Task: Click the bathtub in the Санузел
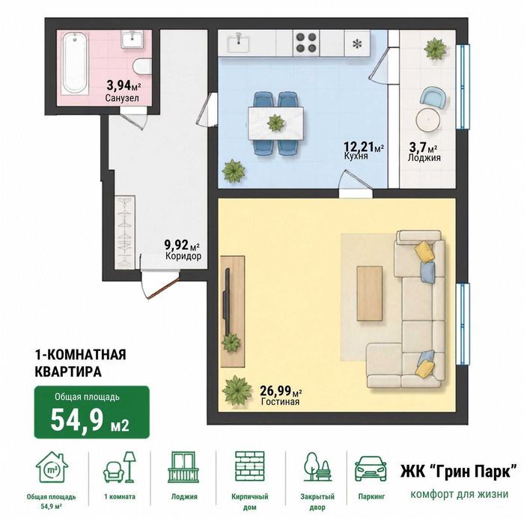pyautogui.click(x=76, y=63)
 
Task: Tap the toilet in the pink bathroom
pyautogui.click(x=142, y=66)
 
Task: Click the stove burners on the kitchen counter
pyautogui.click(x=306, y=43)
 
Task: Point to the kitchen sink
pyautogui.click(x=238, y=43)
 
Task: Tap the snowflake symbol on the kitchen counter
pyautogui.click(x=357, y=43)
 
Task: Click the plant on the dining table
pyautogui.click(x=275, y=123)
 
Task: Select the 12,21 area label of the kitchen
pyautogui.click(x=364, y=147)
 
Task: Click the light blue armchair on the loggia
pyautogui.click(x=433, y=97)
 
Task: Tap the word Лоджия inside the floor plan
pyautogui.click(x=424, y=158)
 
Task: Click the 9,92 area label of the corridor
pyautogui.click(x=182, y=245)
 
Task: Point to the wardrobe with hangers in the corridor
pyautogui.click(x=125, y=232)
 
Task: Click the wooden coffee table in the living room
pyautogui.click(x=370, y=293)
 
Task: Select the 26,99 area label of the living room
pyautogui.click(x=281, y=390)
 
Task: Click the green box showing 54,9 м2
pyautogui.click(x=91, y=412)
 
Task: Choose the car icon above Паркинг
pyautogui.click(x=371, y=468)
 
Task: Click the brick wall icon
pyautogui.click(x=249, y=466)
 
